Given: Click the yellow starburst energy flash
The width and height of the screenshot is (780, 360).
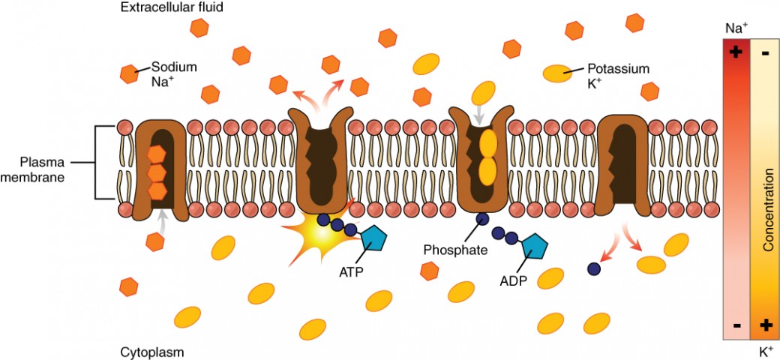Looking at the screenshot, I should pos(319,232).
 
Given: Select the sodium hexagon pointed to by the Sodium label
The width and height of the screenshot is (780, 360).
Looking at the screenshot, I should pos(129,73).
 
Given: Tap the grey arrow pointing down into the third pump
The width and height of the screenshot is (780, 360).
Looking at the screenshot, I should pos(478,116).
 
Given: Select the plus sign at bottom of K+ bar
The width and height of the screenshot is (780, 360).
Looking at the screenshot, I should pos(766,325).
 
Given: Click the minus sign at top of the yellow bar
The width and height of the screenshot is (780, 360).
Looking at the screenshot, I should pos(766,54).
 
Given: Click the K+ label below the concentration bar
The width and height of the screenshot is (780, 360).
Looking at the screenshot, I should pos(765,349).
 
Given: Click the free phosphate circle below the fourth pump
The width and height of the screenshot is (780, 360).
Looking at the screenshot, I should pos(593,268).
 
